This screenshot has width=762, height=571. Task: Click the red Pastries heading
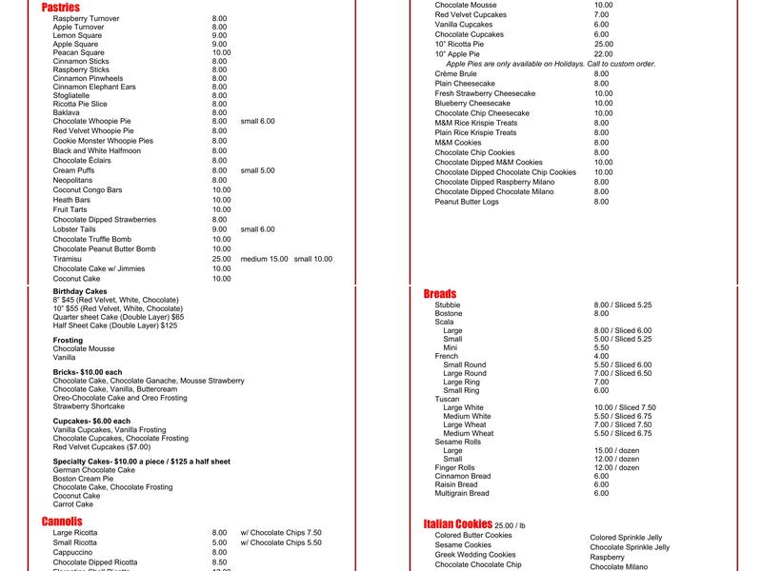[x=61, y=8]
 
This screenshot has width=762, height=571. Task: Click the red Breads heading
[x=440, y=293]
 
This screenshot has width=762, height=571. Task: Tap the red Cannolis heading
[x=62, y=522]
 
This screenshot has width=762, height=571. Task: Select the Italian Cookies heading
[x=458, y=524]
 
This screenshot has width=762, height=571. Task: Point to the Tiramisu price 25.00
[x=221, y=259]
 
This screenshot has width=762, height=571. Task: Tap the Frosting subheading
[x=69, y=340]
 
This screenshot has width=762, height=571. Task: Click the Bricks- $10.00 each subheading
[x=88, y=371]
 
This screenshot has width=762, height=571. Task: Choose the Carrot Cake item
[x=73, y=504]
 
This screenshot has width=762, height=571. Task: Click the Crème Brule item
[x=456, y=73]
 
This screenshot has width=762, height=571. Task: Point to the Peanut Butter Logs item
[x=467, y=202]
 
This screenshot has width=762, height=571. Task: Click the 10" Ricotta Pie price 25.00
[x=604, y=44]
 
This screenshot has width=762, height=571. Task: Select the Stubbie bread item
[x=448, y=305]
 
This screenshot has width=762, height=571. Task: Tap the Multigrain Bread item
[x=462, y=494]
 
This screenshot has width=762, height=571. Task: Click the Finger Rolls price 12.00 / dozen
[x=616, y=468]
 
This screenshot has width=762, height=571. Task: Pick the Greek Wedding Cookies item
[x=475, y=555]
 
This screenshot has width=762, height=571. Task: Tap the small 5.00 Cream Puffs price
[x=257, y=170]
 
